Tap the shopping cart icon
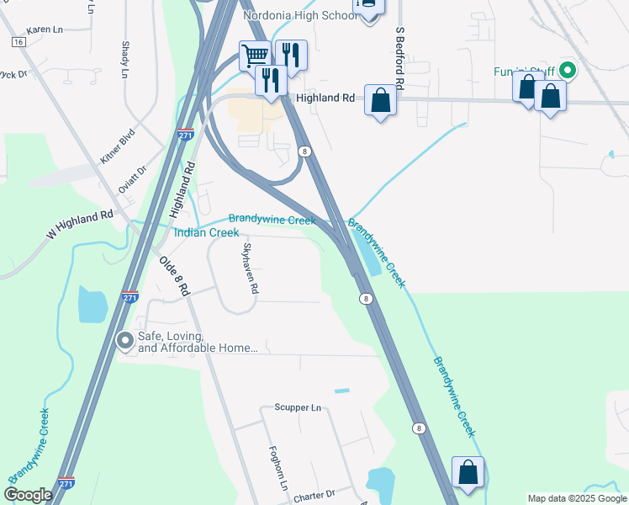click(255, 56)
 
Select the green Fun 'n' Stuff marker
click(568, 72)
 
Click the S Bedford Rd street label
click(401, 59)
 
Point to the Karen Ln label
click(45, 29)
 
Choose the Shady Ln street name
click(124, 61)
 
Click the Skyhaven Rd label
click(250, 268)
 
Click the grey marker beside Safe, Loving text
click(125, 340)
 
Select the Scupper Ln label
click(298, 408)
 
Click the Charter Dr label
click(314, 497)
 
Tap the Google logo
click(28, 495)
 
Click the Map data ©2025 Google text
click(577, 498)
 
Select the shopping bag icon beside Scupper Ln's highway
click(468, 473)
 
